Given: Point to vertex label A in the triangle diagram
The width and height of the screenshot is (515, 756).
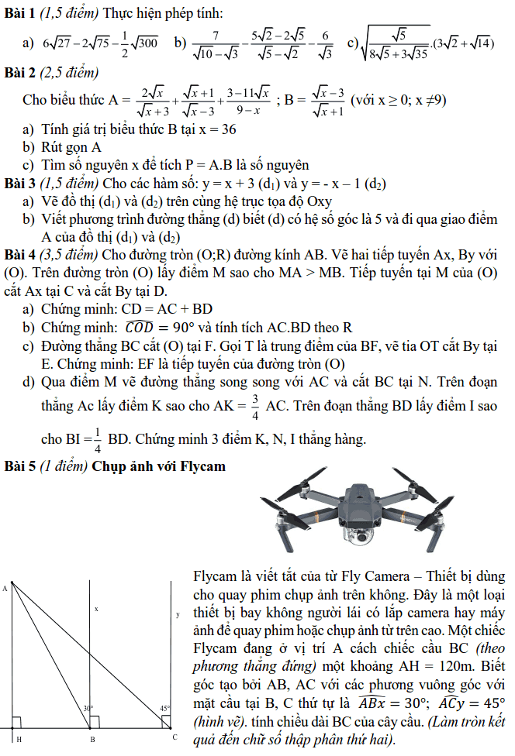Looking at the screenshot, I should (x=5, y=588).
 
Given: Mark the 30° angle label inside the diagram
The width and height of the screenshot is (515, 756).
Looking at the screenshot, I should (x=88, y=708).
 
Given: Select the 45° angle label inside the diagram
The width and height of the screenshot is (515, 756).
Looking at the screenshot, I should (x=165, y=708).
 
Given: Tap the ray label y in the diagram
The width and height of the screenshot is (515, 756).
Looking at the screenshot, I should (x=178, y=614).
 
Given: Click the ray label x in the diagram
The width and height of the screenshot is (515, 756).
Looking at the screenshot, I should (x=96, y=609).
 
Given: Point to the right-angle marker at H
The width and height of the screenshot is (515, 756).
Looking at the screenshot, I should (x=16, y=723).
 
